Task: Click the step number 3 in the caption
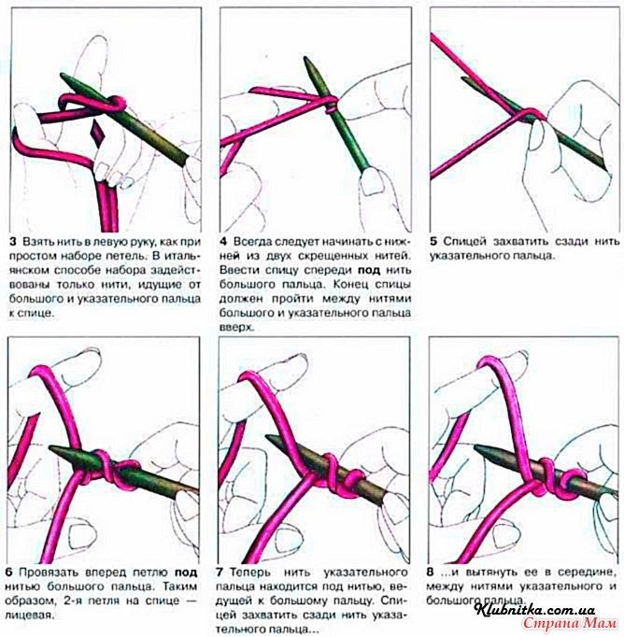13,242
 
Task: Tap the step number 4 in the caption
223,242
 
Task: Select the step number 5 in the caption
433,241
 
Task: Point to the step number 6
10,573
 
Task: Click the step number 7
220,573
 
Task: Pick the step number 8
430,573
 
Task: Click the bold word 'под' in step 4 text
369,271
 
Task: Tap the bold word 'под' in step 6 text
186,573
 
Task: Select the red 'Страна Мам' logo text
570,623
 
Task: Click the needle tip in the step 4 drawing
305,58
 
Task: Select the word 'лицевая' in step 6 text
31,616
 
